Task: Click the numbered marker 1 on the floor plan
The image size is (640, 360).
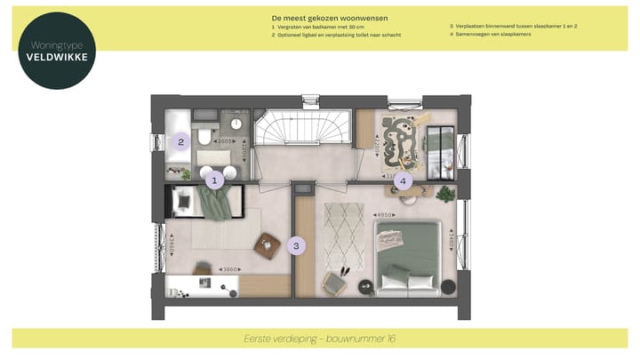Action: pyautogui.click(x=212, y=180)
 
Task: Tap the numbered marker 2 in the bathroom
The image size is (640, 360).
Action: pyautogui.click(x=180, y=141)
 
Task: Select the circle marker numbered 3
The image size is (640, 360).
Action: pyautogui.click(x=299, y=244)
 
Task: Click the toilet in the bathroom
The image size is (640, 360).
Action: pyautogui.click(x=204, y=137)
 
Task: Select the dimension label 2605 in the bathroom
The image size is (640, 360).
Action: pyautogui.click(x=224, y=140)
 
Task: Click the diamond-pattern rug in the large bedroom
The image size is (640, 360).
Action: pyautogui.click(x=343, y=236)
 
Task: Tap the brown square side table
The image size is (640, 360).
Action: pyautogui.click(x=267, y=245)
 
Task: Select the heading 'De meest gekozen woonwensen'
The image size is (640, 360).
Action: pyautogui.click(x=330, y=18)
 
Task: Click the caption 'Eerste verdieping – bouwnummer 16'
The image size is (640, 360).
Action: pyautogui.click(x=319, y=339)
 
